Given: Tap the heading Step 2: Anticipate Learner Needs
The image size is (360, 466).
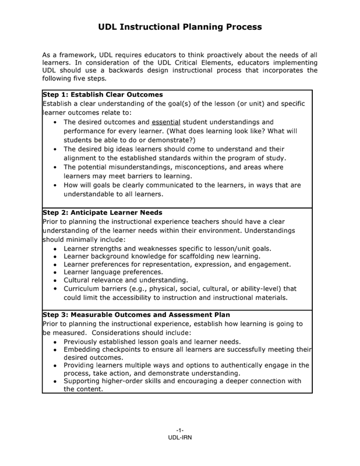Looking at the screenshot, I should click(x=102, y=213).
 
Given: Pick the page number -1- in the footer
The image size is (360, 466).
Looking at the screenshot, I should click(x=180, y=430).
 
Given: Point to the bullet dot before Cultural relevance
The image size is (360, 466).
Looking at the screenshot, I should click(x=55, y=280).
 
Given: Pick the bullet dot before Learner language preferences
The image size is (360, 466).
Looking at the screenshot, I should click(x=55, y=272).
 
